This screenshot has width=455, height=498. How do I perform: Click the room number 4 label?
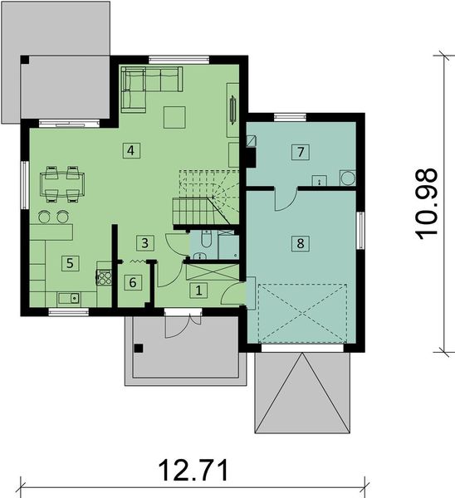point(130,150)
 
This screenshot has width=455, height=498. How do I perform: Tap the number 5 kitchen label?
point(71,262)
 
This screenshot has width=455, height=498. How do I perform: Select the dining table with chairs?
point(62,183)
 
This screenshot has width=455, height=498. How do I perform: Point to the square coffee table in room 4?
point(175,118)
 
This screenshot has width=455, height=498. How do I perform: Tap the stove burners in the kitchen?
point(105,277)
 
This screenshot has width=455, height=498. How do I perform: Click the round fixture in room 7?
point(347,178)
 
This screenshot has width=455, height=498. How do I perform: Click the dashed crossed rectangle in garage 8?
point(301,313)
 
